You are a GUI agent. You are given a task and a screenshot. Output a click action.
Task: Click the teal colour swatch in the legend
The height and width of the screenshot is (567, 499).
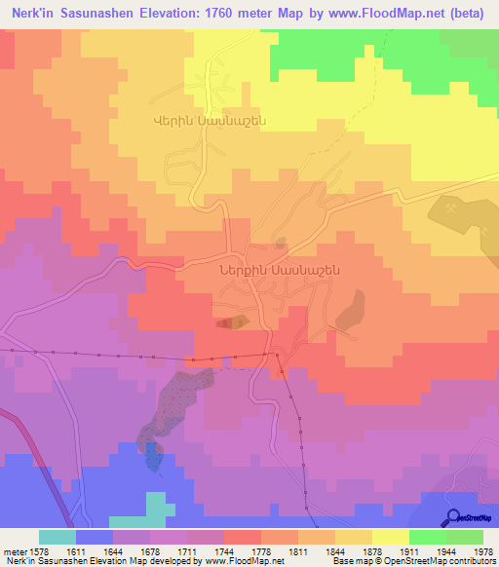pyautogui.click(x=58, y=537)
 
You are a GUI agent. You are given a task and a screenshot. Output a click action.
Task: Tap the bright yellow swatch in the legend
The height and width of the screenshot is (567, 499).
pyautogui.click(x=390, y=537)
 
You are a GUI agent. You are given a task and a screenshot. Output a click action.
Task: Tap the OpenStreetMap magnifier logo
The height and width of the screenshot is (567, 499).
pyautogui.click(x=452, y=515)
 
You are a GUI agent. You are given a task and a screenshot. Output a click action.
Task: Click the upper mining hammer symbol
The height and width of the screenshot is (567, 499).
pyautogui.click(x=453, y=207)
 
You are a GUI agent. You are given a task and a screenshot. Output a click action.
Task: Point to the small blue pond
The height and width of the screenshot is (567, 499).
pyautogui.click(x=153, y=456)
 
